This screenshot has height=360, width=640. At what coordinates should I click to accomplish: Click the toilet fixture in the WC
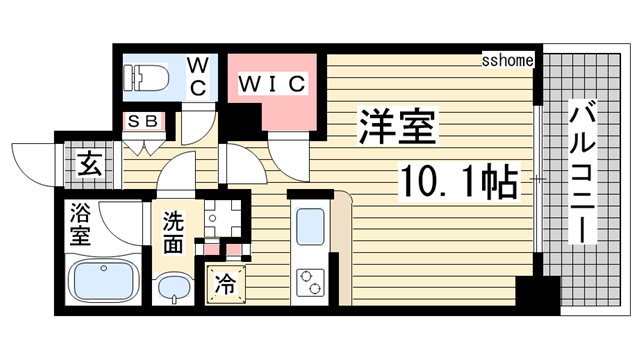pyautogui.click(x=151, y=77)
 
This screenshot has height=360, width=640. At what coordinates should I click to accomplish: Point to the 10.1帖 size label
pyautogui.click(x=459, y=181)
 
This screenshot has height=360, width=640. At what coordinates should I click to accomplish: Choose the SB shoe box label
pyautogui.click(x=142, y=121)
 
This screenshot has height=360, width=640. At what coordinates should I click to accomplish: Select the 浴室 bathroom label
pyautogui.click(x=81, y=224)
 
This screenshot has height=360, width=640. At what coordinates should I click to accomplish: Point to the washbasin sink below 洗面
pyautogui.click(x=176, y=289)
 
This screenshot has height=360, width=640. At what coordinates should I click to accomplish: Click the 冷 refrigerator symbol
pyautogui.click(x=226, y=283)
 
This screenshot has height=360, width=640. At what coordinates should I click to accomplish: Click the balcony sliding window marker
pyautogui.click(x=538, y=180)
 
